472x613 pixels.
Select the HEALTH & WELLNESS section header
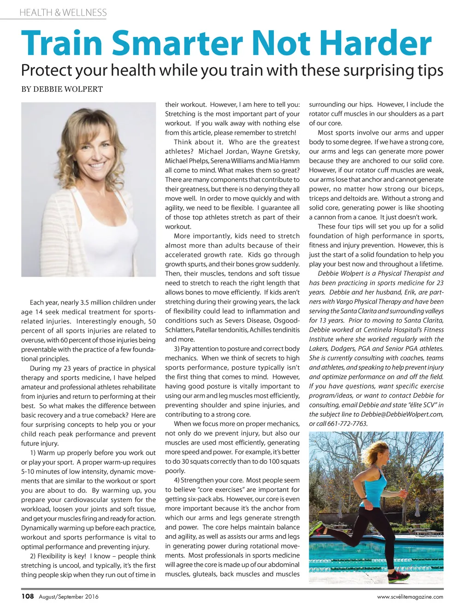[x=63, y=12]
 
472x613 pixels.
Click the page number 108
[x=28, y=596]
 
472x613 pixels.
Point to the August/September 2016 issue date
[x=69, y=597]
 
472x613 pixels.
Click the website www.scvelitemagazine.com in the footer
[x=410, y=597]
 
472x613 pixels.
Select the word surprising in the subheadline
[x=372, y=71]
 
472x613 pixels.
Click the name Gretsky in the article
[x=284, y=151]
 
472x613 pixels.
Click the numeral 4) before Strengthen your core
[x=177, y=480]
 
